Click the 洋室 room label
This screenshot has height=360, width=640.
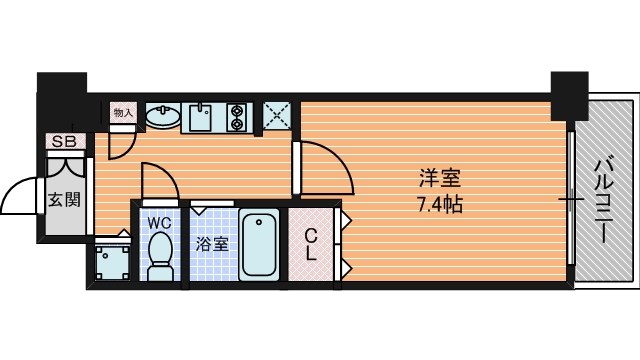click(x=440, y=178)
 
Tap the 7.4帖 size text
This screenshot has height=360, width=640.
click(x=440, y=204)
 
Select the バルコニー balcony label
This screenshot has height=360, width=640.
click(x=604, y=202)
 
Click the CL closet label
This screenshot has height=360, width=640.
click(x=311, y=244)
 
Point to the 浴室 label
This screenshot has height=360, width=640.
click(x=211, y=244)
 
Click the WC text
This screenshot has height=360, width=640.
click(x=159, y=223)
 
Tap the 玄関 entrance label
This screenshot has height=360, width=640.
click(x=64, y=200)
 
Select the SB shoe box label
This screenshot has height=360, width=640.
click(x=64, y=142)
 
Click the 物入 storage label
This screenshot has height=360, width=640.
click(x=123, y=113)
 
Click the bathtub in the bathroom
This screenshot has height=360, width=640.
click(x=259, y=244)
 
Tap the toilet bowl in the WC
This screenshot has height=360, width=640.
click(x=160, y=256)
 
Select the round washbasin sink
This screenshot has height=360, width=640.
click(x=163, y=116)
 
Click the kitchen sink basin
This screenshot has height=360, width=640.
click(x=200, y=117)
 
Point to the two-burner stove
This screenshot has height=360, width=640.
click(x=237, y=118)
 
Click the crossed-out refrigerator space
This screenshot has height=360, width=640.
click(x=277, y=116)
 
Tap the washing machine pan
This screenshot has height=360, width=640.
click(x=113, y=262)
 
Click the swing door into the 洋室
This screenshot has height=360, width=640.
click(x=327, y=167)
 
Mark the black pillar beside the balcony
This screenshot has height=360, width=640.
click(x=569, y=96)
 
